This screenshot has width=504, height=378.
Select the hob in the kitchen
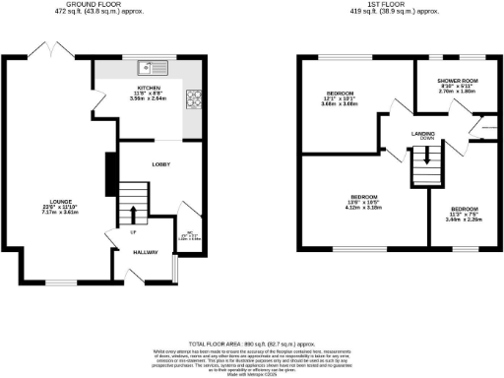point(194,97)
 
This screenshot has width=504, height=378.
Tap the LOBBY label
point(163,165)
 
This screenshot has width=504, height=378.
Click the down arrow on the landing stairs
point(426,173)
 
